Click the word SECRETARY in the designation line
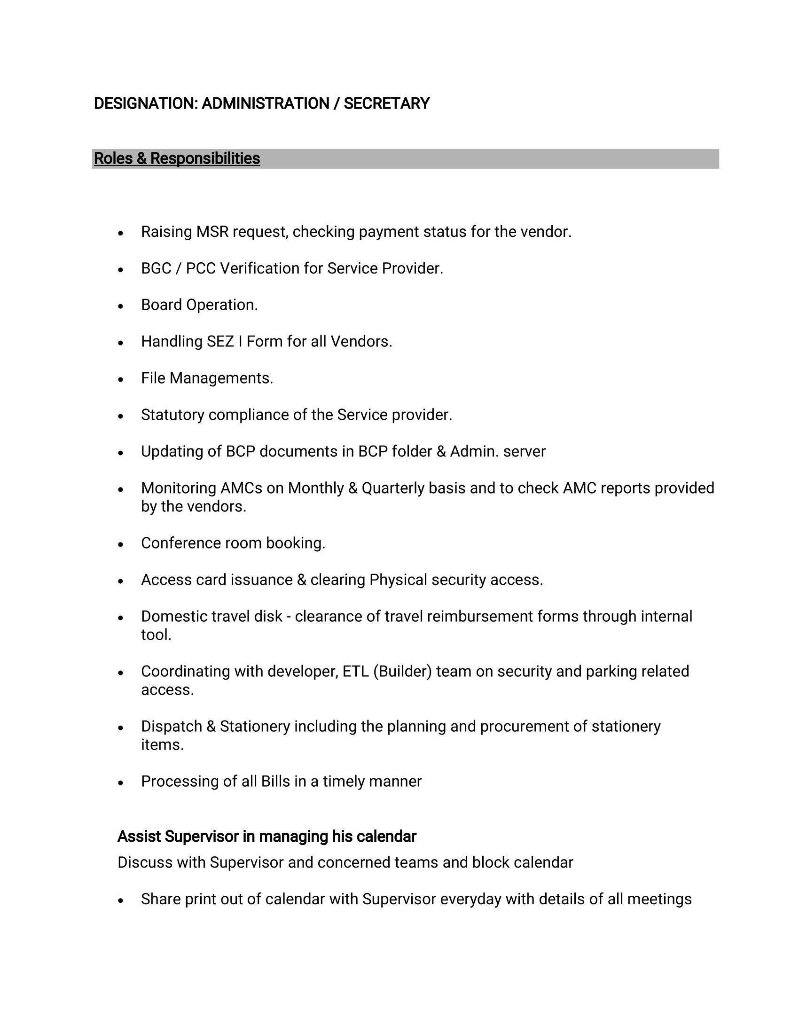[386, 104]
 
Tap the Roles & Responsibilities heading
[177, 158]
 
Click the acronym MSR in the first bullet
[212, 232]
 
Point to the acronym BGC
[156, 268]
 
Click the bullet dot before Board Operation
[121, 306]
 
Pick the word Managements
[221, 378]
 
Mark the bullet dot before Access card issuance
[121, 581]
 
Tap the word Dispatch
[172, 726]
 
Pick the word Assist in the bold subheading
[139, 837]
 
